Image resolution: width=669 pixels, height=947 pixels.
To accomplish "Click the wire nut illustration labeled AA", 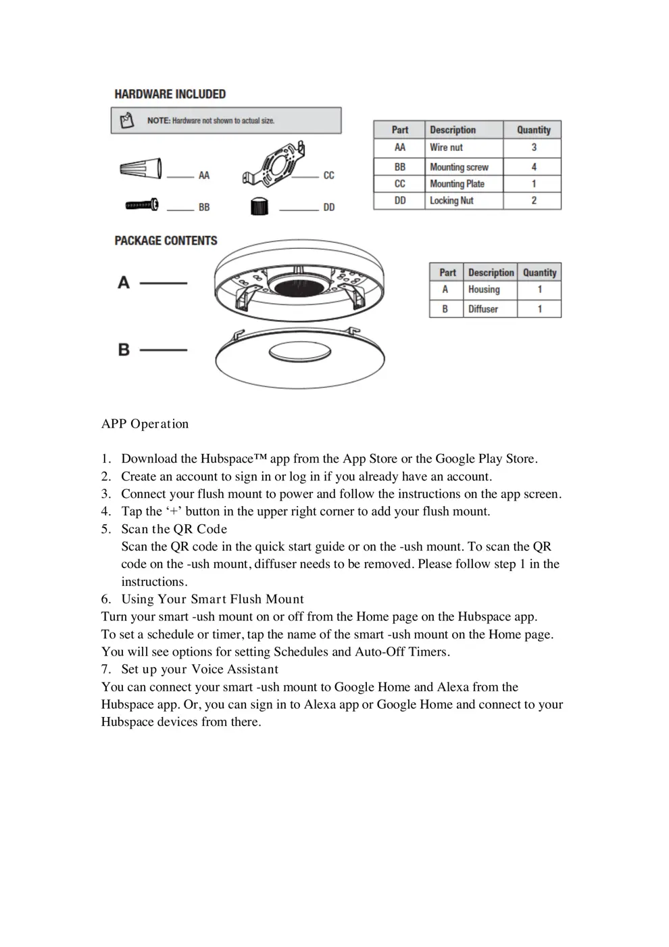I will (x=141, y=168).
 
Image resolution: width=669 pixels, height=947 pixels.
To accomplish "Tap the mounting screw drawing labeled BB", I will (x=142, y=204).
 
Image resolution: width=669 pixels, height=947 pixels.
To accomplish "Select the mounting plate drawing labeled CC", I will (x=274, y=166).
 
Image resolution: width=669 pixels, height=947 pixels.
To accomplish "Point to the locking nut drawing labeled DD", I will (x=259, y=206).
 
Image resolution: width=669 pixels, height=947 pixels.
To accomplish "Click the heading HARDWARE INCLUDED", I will (x=170, y=94).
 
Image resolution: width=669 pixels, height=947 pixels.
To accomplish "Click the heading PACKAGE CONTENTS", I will (x=166, y=241).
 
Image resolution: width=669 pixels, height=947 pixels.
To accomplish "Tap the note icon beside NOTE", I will (x=127, y=121).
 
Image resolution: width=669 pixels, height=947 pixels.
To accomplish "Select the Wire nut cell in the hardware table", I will (x=447, y=147).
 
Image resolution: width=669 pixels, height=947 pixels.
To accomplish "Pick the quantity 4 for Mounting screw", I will (x=534, y=166).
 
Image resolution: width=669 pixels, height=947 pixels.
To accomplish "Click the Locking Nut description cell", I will (x=451, y=201).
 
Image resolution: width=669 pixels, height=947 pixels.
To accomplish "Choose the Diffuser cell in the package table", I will (x=483, y=309).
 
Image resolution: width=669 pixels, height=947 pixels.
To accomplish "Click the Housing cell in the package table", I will (x=484, y=290).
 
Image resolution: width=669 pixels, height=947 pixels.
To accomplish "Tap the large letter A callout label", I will (x=124, y=282).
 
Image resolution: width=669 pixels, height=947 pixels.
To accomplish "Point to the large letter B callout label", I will (x=124, y=350).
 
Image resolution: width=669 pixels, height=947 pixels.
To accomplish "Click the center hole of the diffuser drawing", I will (x=299, y=352).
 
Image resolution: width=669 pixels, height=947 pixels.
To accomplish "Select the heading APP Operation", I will (x=145, y=424).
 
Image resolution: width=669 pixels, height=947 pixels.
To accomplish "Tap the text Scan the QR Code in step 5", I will (x=174, y=529).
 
